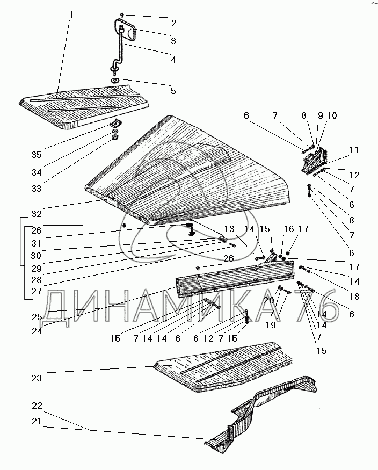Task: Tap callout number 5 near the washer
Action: pos(173,91)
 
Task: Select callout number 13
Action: pos(229,229)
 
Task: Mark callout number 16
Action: pos(289,229)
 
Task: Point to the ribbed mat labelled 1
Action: pos(86,107)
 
